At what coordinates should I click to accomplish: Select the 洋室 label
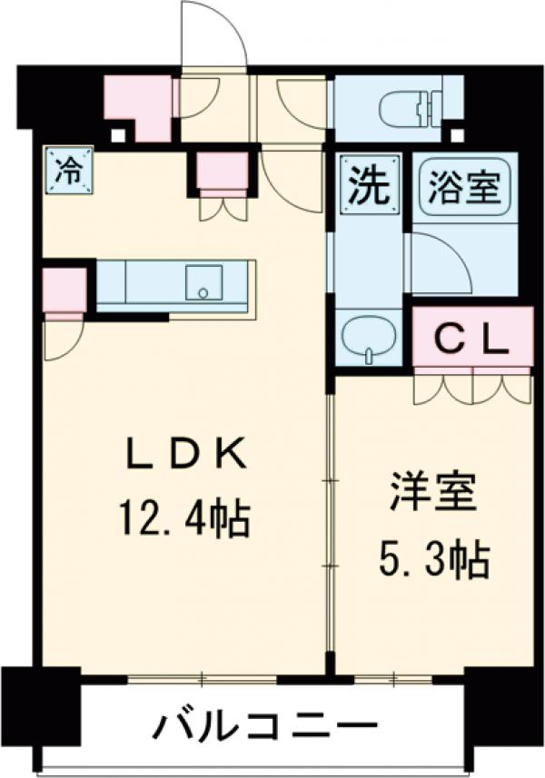pyautogui.click(x=433, y=497)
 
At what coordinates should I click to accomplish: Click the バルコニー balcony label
pyautogui.click(x=263, y=727)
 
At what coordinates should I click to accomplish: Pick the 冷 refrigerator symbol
pyautogui.click(x=67, y=172)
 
